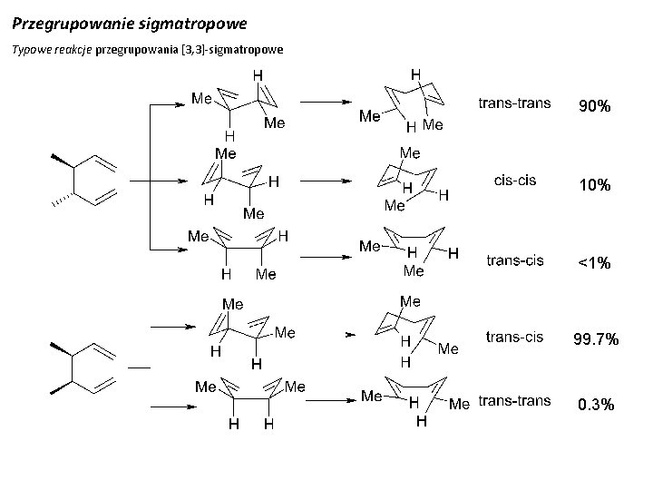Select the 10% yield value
tap(595, 185)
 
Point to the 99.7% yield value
tap(595, 339)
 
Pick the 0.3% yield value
tap(595, 405)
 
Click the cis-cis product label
tap(513, 180)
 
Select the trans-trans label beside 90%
tap(514, 103)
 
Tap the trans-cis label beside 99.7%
tap(515, 337)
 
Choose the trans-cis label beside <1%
tap(515, 260)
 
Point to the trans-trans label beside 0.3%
tap(514, 400)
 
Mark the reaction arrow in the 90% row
tap(326, 103)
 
